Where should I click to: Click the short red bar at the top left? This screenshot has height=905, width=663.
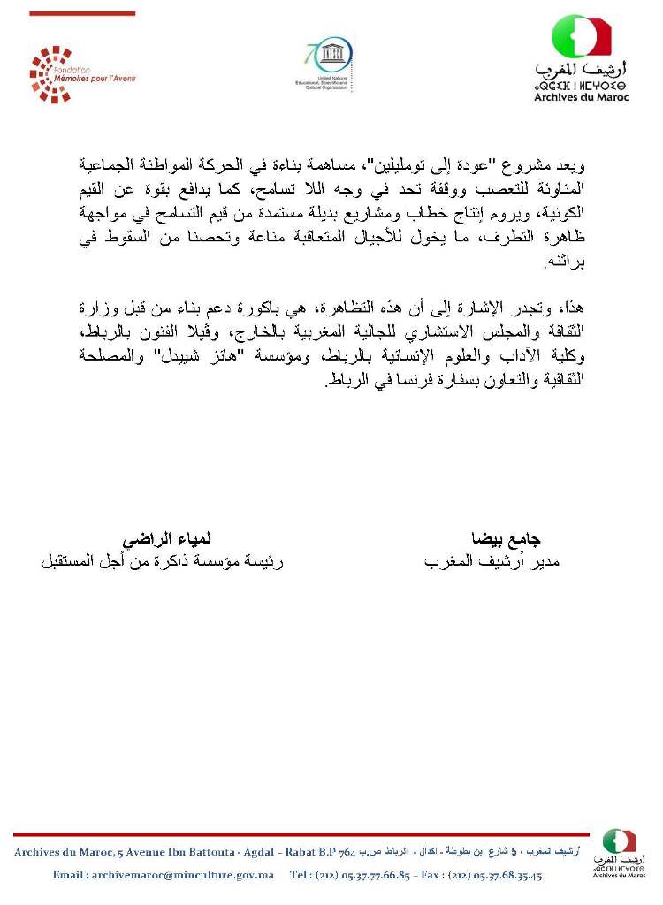click(x=82, y=13)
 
